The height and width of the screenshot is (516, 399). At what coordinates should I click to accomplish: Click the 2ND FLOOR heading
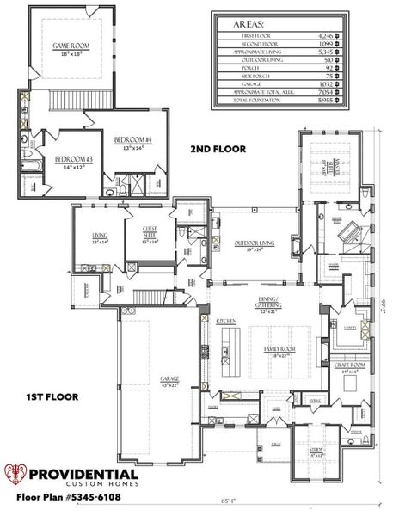click(x=218, y=148)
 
